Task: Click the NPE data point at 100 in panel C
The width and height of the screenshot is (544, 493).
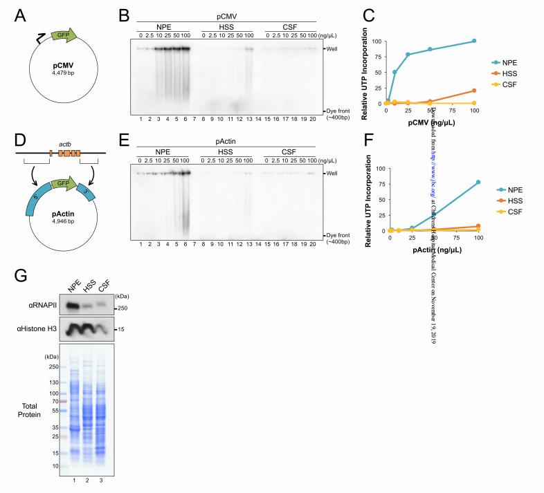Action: pyautogui.click(x=474, y=41)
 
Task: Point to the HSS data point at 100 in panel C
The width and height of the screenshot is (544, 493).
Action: pyautogui.click(x=474, y=90)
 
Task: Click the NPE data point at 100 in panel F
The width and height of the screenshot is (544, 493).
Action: pyautogui.click(x=474, y=182)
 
